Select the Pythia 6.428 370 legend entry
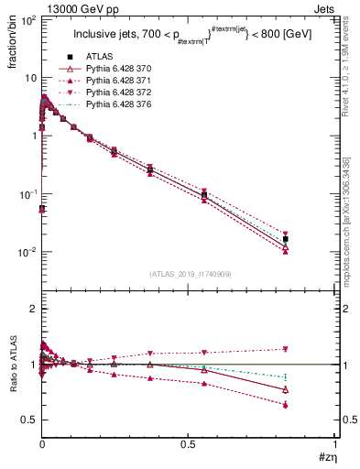121,68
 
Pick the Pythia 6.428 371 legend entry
121,81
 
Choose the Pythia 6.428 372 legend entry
121,93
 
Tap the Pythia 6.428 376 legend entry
121,105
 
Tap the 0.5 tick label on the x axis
188,444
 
